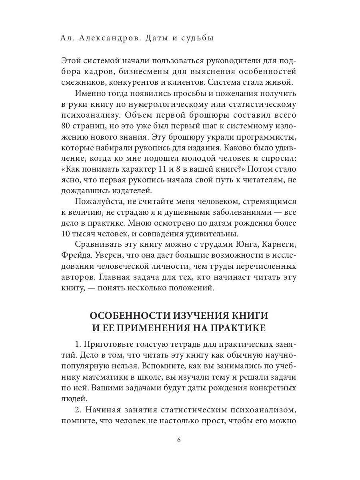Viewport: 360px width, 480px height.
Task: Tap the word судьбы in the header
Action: [196, 38]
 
